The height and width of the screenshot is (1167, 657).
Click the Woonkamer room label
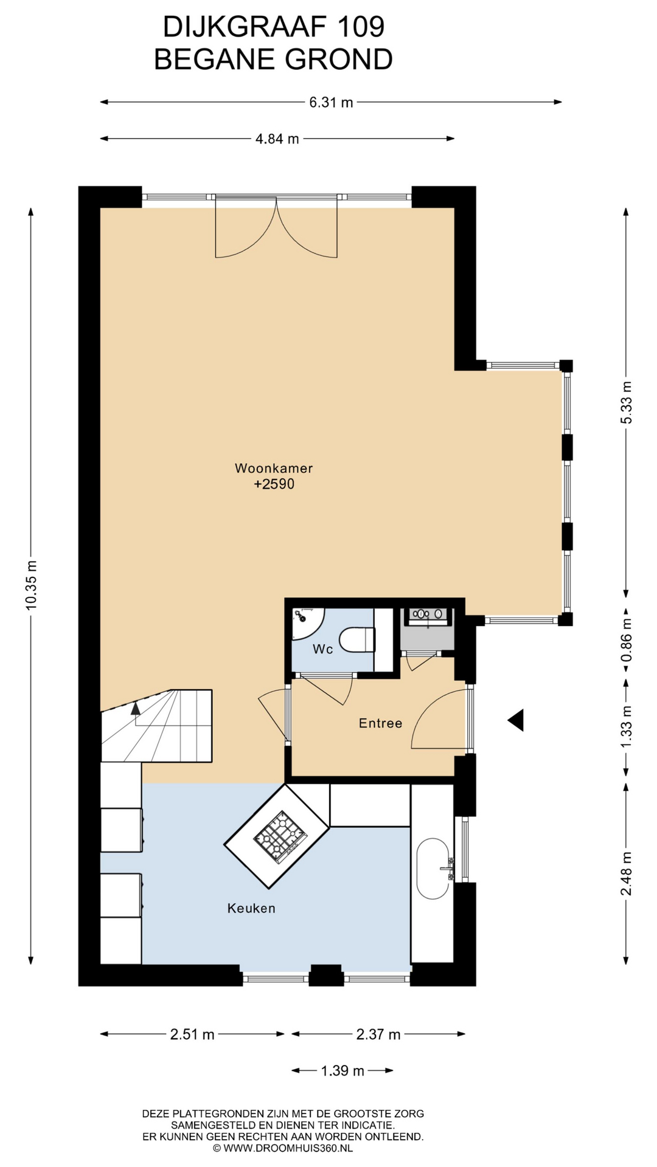click(274, 468)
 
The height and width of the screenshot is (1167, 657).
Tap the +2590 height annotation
click(274, 484)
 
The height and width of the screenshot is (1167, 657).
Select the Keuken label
click(251, 908)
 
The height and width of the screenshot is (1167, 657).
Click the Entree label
click(380, 723)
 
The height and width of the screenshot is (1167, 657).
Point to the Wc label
click(322, 649)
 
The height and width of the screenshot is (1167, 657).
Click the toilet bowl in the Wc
click(356, 639)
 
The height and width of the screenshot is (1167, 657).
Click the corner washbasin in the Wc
click(307, 622)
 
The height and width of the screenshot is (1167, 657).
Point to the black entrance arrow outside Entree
click(516, 720)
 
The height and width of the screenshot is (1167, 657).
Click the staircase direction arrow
click(135, 708)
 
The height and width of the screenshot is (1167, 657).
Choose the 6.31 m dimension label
click(331, 102)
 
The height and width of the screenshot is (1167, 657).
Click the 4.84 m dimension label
click(277, 139)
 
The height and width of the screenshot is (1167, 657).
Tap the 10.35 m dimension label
click(31, 585)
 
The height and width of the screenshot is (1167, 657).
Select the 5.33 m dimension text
click(626, 402)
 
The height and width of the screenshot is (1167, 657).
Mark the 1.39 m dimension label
click(342, 1071)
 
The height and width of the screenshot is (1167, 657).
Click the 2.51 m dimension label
click(192, 1034)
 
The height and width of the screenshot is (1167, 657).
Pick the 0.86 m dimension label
click(626, 640)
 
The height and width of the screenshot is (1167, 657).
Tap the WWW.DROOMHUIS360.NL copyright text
click(283, 1148)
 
